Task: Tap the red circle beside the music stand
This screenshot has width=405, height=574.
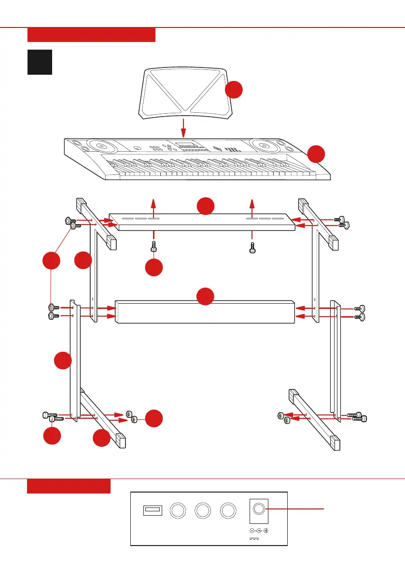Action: tap(234, 90)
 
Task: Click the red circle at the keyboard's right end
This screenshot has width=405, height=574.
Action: tap(316, 154)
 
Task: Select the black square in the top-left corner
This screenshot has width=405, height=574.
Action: tap(40, 62)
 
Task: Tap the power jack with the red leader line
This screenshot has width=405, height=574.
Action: tap(258, 510)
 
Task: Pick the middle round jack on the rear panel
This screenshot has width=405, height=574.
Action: tap(202, 510)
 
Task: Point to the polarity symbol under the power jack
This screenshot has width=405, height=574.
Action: tap(258, 531)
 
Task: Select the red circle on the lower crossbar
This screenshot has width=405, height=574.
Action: tap(205, 296)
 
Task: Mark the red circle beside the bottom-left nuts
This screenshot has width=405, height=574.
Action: tap(154, 418)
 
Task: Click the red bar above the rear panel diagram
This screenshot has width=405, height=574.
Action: tap(69, 486)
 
